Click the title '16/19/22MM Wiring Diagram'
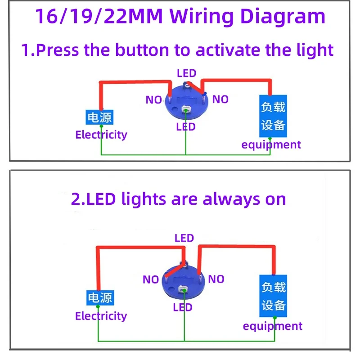click(x=180, y=17)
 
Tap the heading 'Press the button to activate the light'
click(x=178, y=49)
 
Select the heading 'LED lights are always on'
click(x=179, y=198)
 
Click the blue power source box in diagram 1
click(x=99, y=118)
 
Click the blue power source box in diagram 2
click(x=99, y=298)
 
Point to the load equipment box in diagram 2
click(x=274, y=296)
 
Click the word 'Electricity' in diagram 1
click(x=101, y=135)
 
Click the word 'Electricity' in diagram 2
click(x=101, y=316)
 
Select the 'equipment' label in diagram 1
click(x=271, y=144)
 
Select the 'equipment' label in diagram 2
click(x=273, y=326)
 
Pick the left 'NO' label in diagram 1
click(x=153, y=100)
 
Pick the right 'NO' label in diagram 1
click(x=220, y=99)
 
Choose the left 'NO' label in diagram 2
click(x=151, y=280)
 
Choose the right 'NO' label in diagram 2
click(x=216, y=279)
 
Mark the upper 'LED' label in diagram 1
click(x=186, y=73)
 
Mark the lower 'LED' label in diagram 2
click(x=183, y=307)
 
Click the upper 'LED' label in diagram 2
click(x=184, y=238)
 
